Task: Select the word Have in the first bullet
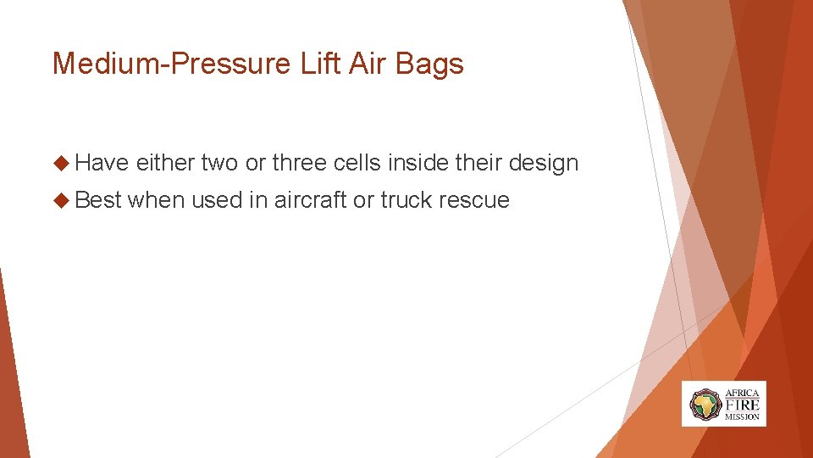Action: click(x=104, y=163)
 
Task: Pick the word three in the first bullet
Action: click(x=299, y=163)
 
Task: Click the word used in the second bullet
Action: click(x=215, y=200)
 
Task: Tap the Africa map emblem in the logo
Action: click(x=705, y=404)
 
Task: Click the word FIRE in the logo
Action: click(x=742, y=405)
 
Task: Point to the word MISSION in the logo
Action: click(x=742, y=417)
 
